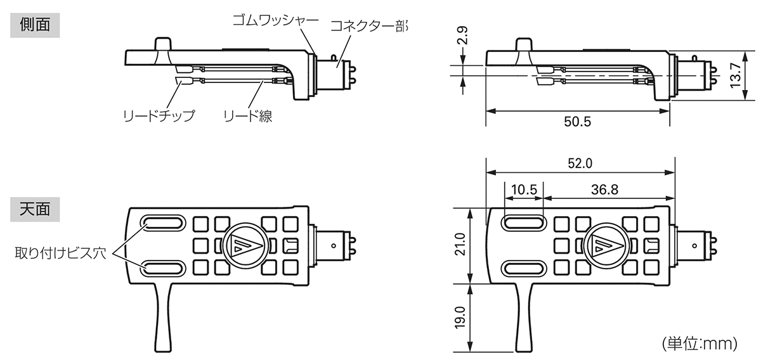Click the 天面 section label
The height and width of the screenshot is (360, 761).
pos(36,209)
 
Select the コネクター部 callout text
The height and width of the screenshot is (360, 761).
pos(368,27)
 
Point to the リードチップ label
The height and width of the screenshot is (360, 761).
pos(158,116)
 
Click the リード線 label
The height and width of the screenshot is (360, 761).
pos(247,116)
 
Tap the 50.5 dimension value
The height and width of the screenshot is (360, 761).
pos(577,122)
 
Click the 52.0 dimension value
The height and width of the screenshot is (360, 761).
pos(579,163)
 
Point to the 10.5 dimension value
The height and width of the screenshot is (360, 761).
pos(524,189)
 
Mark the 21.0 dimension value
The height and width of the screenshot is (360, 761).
pos(460,245)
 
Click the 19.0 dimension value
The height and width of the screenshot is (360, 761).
pos(460,318)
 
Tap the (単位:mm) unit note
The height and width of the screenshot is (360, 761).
pos(699,344)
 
